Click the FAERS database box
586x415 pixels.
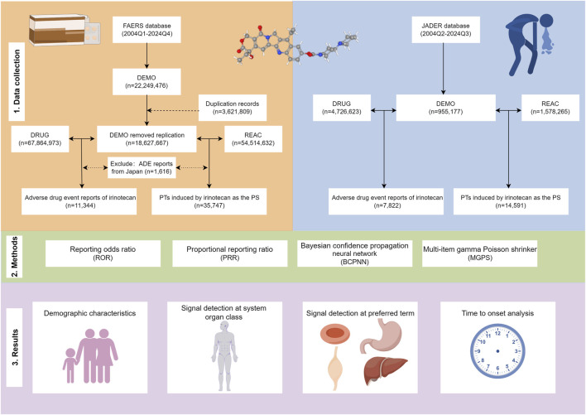click(x=146, y=30)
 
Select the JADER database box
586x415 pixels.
click(x=445, y=30)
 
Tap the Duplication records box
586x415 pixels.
click(x=233, y=108)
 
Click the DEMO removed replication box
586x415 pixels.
click(x=146, y=139)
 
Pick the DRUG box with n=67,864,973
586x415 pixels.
click(x=40, y=139)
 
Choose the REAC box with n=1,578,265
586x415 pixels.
click(x=550, y=108)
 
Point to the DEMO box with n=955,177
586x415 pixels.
click(x=446, y=108)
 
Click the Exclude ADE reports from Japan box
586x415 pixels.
click(x=142, y=167)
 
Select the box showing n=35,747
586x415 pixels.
click(x=209, y=201)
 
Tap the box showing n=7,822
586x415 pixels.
click(x=386, y=201)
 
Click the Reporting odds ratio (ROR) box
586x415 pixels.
click(x=103, y=253)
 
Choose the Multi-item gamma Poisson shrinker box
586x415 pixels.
click(x=480, y=253)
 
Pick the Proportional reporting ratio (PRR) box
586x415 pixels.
click(x=230, y=253)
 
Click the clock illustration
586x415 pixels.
click(x=497, y=351)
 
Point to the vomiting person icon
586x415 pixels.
click(x=530, y=44)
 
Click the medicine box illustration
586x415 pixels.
click(x=65, y=30)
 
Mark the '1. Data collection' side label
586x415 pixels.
click(x=17, y=82)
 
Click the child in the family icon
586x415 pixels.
click(x=70, y=365)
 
